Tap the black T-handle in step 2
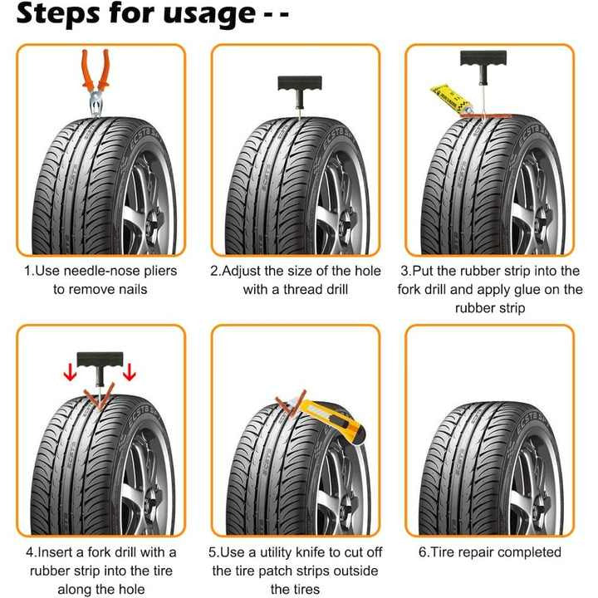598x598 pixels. click(294, 86)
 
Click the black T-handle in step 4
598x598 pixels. click(100, 363)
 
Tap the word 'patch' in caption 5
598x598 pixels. click(290, 571)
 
